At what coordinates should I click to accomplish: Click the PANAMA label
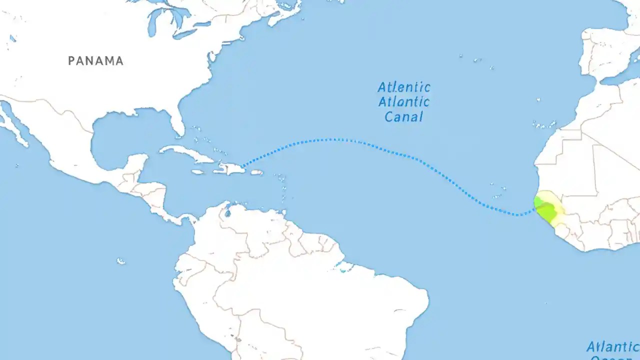[95, 61]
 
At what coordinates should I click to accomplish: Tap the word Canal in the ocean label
[403, 117]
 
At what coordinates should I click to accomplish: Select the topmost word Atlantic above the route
[404, 87]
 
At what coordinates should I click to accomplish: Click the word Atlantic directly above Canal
[404, 102]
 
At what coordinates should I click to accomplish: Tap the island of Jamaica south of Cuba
[198, 172]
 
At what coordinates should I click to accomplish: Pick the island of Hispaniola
[230, 168]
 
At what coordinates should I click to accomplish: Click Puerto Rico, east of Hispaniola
[256, 172]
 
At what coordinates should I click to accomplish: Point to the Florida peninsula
[176, 122]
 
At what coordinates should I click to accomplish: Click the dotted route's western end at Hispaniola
[242, 166]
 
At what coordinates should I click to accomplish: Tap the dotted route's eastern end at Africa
[534, 209]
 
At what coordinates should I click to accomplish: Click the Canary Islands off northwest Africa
[545, 124]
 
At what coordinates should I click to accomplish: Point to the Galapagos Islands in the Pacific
[120, 261]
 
